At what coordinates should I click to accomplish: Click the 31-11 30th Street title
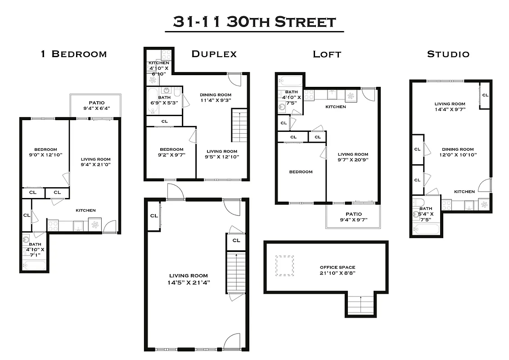254,22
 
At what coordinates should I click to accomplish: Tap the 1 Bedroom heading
74,54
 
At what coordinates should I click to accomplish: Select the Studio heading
448,54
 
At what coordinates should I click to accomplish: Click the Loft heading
327,54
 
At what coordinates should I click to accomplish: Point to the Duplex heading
214,54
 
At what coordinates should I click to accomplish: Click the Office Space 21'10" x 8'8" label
337,270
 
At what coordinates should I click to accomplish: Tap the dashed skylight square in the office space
284,265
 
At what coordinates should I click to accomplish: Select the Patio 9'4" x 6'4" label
96,105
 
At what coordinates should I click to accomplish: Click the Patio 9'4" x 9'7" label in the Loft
354,217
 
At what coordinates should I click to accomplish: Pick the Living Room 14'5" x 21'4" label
189,279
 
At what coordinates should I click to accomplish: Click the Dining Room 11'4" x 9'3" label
215,98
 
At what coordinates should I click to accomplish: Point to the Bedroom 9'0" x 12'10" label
45,152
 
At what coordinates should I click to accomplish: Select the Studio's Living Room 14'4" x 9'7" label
450,107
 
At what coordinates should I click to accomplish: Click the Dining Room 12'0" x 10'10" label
457,152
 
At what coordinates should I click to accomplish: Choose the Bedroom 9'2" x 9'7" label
171,152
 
